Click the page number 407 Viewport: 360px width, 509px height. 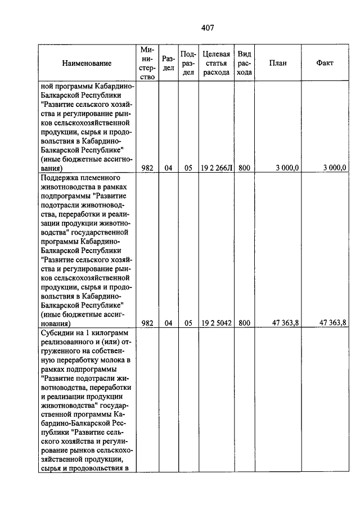coord(208,28)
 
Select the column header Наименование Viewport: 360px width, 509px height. coord(87,64)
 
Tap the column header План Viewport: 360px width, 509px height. coord(277,64)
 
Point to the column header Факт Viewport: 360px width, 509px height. coord(325,64)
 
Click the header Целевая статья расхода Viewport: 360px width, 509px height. coord(216,64)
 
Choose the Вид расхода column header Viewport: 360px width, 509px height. coord(244,64)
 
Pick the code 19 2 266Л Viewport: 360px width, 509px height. coord(216,168)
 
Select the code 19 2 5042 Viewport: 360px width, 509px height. coord(216,323)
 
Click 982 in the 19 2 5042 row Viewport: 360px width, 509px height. coord(147,323)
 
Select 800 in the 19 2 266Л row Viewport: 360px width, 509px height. coord(244,168)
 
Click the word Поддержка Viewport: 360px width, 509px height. coord(61,177)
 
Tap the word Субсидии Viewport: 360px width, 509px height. coord(58,332)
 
